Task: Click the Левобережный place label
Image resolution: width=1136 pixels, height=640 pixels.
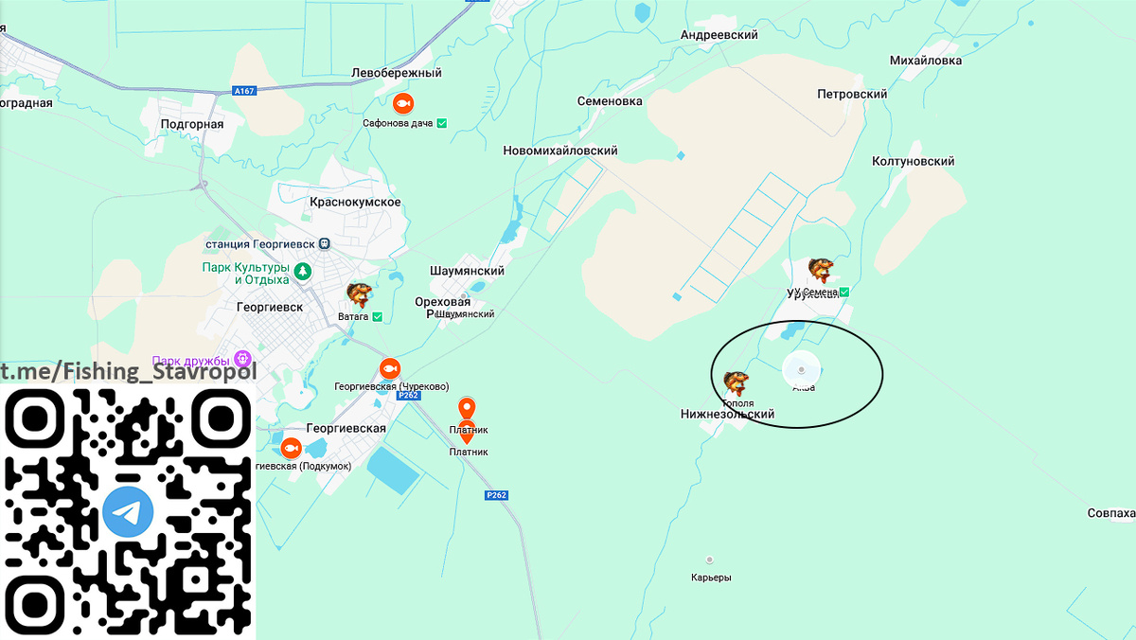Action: click(397, 73)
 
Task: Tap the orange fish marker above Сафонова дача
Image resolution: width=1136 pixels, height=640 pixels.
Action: click(402, 103)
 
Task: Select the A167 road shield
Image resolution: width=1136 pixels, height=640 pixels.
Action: click(244, 91)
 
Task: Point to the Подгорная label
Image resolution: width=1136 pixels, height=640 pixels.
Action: click(192, 124)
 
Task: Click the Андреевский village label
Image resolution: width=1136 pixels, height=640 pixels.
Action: click(719, 35)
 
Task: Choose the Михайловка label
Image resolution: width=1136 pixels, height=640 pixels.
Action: click(926, 61)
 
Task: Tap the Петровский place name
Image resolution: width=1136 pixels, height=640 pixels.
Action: click(852, 95)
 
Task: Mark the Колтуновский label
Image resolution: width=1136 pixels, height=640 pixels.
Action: click(913, 162)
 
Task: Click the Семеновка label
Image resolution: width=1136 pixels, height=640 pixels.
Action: click(610, 101)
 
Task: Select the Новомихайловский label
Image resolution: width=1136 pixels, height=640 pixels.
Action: click(560, 151)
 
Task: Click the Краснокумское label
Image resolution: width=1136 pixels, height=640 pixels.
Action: click(356, 203)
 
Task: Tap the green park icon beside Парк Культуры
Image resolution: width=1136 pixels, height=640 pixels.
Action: click(302, 272)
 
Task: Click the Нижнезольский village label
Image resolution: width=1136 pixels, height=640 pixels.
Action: click(727, 415)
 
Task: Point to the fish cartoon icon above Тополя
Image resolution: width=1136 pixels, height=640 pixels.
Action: click(737, 382)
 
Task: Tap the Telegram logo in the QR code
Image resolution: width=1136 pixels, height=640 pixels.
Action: click(128, 512)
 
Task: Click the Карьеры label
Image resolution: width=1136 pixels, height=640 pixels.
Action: click(711, 578)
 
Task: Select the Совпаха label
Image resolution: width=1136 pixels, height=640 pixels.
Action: click(1110, 513)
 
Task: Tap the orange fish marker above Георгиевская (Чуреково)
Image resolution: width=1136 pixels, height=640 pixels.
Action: click(389, 368)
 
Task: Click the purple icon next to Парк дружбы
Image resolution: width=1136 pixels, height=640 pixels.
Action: click(242, 359)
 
